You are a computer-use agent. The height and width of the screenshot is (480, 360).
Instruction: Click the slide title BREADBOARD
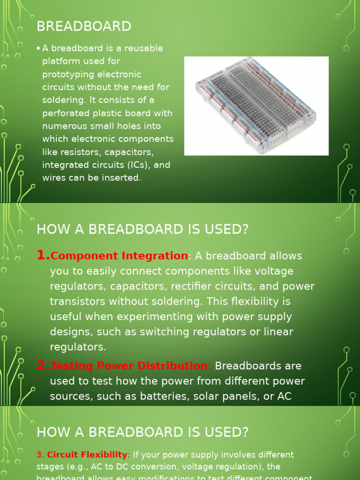click(x=84, y=26)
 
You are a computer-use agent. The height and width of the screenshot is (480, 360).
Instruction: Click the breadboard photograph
click(x=256, y=105)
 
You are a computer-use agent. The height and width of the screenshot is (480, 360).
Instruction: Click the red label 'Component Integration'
click(x=119, y=256)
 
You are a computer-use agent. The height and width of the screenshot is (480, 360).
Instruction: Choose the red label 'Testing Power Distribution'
click(x=129, y=366)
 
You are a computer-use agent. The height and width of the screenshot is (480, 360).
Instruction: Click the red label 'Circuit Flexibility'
click(x=87, y=455)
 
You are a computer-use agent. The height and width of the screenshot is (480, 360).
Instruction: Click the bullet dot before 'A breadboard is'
click(x=38, y=48)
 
